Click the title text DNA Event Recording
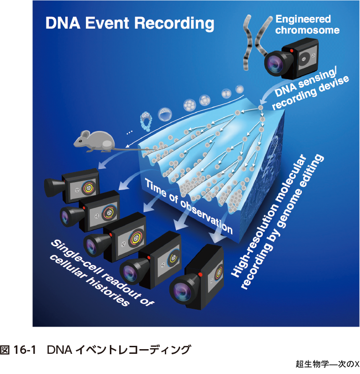click(130, 23)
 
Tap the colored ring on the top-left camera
click(88, 188)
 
